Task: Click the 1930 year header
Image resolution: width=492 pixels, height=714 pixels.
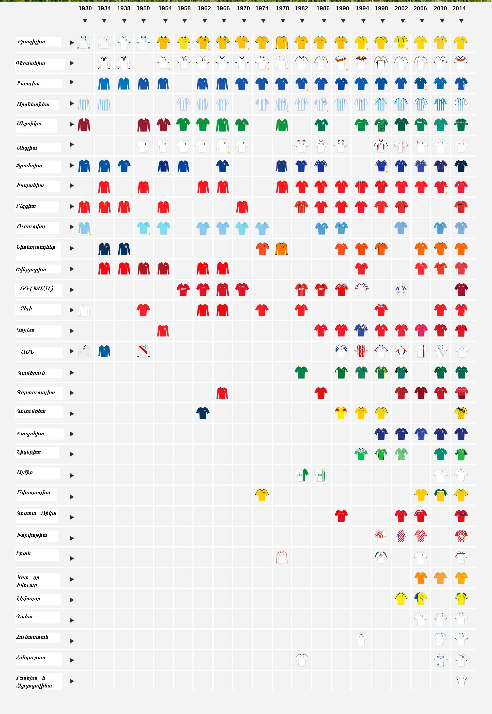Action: (85, 8)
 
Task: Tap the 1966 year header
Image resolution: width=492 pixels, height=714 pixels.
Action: (223, 8)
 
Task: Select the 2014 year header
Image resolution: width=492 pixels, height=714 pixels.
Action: (459, 8)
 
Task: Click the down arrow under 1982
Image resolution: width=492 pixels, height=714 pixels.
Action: (302, 21)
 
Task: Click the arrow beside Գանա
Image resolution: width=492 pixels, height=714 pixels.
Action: (72, 620)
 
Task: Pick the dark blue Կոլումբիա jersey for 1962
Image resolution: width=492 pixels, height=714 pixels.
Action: (203, 413)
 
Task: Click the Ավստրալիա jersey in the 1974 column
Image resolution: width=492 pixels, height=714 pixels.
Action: (262, 495)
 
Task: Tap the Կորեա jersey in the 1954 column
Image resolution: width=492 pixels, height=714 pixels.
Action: (163, 330)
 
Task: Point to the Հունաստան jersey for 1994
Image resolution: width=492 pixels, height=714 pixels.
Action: (361, 639)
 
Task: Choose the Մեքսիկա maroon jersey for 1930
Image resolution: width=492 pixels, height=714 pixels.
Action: (84, 125)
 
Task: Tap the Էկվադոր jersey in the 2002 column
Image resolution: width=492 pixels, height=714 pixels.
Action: (401, 598)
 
